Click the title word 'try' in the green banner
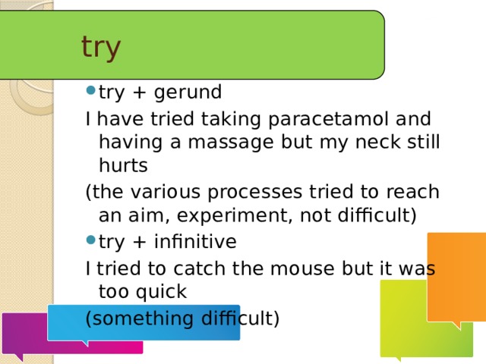[x=101, y=48]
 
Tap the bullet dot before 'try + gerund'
[x=91, y=90]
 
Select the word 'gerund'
[x=188, y=93]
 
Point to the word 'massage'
[x=231, y=143]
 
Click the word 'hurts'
[x=123, y=165]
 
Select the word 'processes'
[x=254, y=193]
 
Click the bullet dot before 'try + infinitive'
[x=91, y=240]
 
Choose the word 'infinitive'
[x=195, y=241]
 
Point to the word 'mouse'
[x=302, y=269]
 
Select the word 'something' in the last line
[x=143, y=319]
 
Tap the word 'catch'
[x=199, y=268]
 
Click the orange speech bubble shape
[x=456, y=278]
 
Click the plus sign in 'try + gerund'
[x=139, y=93]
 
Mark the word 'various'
[x=166, y=192]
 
